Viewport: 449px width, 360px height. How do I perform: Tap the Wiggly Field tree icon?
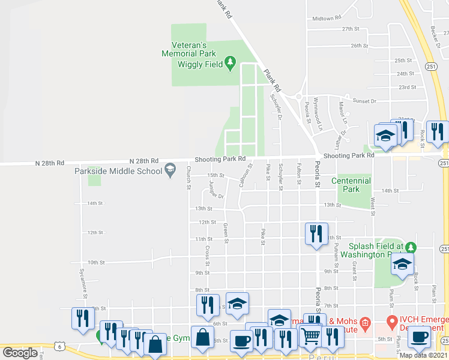pos(229,63)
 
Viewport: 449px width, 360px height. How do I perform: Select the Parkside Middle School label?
pos(119,171)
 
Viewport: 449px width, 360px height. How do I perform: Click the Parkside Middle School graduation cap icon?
pos(170,169)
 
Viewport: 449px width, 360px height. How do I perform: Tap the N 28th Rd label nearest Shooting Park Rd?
pos(145,161)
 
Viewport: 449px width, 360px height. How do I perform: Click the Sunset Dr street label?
pos(364,101)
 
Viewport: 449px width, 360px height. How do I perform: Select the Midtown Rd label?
pos(327,19)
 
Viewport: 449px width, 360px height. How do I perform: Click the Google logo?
pos(19,353)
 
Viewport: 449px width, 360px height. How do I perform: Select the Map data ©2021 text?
pos(423,355)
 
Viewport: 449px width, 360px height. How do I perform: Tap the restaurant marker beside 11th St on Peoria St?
pos(316,233)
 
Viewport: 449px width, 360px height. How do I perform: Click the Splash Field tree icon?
pos(411,247)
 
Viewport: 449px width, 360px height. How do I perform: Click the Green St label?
pos(226,233)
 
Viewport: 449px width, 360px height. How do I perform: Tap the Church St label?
pos(188,178)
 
